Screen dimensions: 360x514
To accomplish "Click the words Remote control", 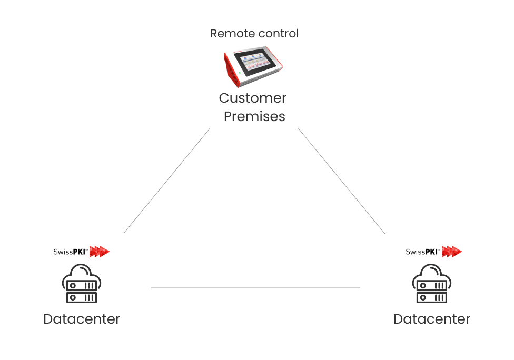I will click(x=254, y=34).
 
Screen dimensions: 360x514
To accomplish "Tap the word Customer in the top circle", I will click(x=253, y=98).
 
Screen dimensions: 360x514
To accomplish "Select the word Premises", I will click(x=254, y=116).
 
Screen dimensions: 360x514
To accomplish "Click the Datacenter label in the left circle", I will click(x=82, y=319).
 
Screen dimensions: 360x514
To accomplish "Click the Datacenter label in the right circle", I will click(x=432, y=319).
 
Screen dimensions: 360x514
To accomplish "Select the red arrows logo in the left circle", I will click(x=100, y=252).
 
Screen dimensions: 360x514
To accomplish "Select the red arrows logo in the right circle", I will click(x=451, y=252).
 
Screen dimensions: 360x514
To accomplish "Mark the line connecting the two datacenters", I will click(x=255, y=288).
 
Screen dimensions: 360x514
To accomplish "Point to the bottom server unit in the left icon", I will click(x=82, y=297).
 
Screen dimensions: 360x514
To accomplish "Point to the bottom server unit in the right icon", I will click(x=432, y=297).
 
